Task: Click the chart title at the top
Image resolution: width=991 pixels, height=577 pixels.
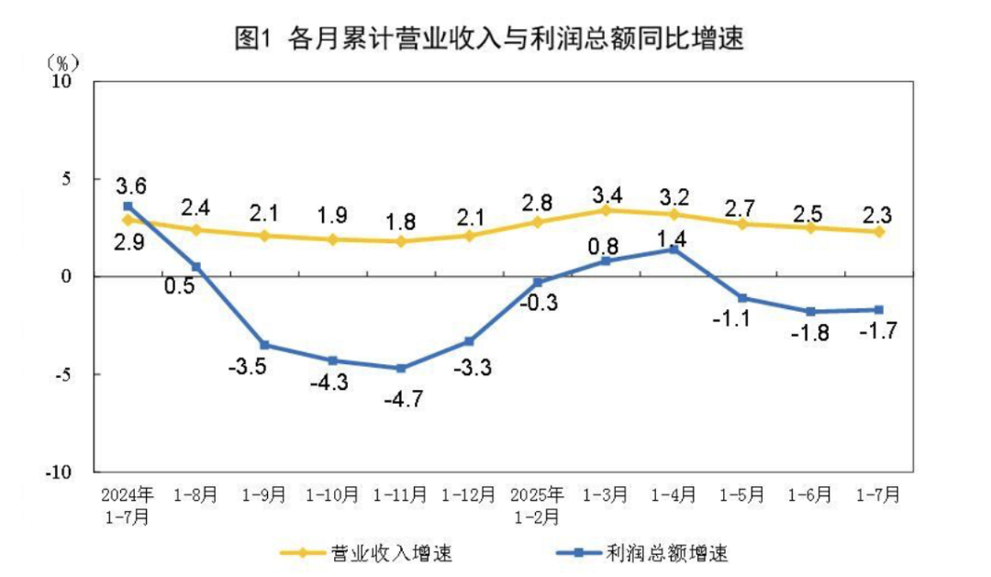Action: [x=488, y=39]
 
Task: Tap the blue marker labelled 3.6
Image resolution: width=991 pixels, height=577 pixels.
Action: [x=128, y=206]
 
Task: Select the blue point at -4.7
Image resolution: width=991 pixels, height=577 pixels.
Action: [x=401, y=368]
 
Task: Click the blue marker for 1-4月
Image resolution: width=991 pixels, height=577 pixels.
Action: [x=674, y=249]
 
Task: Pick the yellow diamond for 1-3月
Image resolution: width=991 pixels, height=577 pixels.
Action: [x=606, y=210]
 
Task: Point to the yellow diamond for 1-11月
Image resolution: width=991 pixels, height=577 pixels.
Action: [x=401, y=241]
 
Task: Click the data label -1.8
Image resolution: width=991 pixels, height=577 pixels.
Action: [x=810, y=333]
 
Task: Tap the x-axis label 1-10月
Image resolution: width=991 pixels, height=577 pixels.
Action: [x=332, y=494]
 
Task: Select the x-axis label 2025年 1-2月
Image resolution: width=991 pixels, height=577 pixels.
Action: [x=538, y=505]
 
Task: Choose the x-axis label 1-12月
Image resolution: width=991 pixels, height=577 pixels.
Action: [x=469, y=494]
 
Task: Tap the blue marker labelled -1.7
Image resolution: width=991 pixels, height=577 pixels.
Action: [x=879, y=309]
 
